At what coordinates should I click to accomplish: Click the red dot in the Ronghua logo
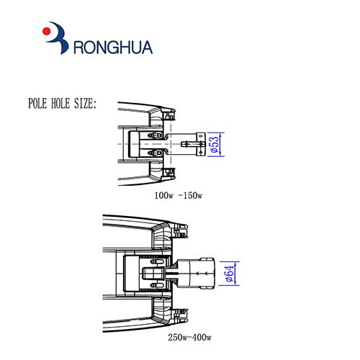pyautogui.click(x=46, y=31)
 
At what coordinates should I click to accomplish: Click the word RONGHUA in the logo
pyautogui.click(x=113, y=48)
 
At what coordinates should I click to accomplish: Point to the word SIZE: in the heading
pyautogui.click(x=85, y=104)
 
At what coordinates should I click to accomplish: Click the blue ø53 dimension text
pyautogui.click(x=215, y=144)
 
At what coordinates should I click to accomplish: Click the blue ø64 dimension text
pyautogui.click(x=230, y=274)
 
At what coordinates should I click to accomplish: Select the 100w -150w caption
pyautogui.click(x=179, y=195)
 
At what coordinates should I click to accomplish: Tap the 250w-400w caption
pyautogui.click(x=189, y=337)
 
